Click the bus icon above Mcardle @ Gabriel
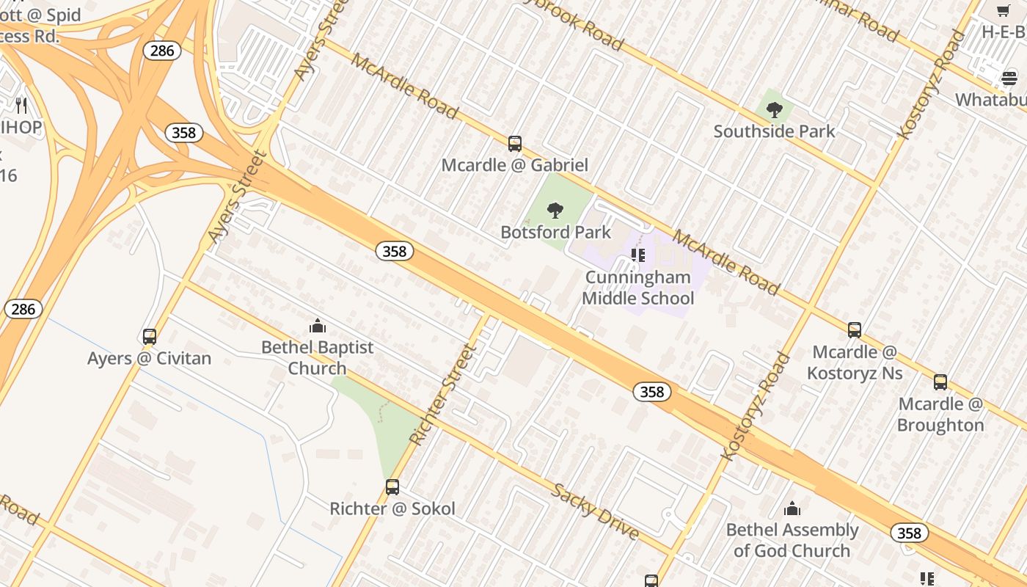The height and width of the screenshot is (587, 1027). point(515,144)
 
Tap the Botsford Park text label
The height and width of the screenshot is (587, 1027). point(555,233)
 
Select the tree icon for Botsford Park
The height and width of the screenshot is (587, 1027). point(555,211)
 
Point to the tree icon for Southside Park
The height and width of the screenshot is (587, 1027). point(774,111)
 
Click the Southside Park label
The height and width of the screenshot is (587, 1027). point(774,132)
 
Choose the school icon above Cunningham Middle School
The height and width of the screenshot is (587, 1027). point(638,255)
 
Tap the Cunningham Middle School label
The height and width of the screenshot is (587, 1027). point(637,288)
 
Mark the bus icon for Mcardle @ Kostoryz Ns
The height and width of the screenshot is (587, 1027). point(855,330)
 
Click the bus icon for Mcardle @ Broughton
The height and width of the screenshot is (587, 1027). point(940,382)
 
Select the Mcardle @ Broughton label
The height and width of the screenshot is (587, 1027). point(940,415)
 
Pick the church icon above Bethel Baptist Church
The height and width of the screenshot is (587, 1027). point(318,326)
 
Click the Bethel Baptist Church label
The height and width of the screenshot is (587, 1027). point(318,357)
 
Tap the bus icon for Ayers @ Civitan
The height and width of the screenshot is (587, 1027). point(150,337)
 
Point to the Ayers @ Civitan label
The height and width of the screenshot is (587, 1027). point(149,359)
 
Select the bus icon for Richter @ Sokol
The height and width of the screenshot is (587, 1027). point(392,487)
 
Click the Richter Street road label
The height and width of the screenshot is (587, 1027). point(442,395)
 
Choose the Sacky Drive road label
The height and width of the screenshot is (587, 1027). point(595,511)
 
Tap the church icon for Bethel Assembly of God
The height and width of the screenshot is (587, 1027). point(792,508)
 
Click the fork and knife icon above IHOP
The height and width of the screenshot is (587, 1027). point(21,106)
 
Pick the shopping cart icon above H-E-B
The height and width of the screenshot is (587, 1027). point(1004,10)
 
